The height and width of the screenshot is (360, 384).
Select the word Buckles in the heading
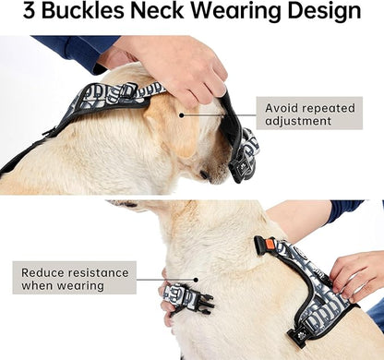(95, 13)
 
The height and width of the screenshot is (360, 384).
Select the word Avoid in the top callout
(284, 108)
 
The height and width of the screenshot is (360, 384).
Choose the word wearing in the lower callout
(78, 286)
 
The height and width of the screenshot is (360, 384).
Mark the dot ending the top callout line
(182, 115)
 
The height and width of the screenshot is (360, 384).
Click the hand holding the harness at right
(356, 273)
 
